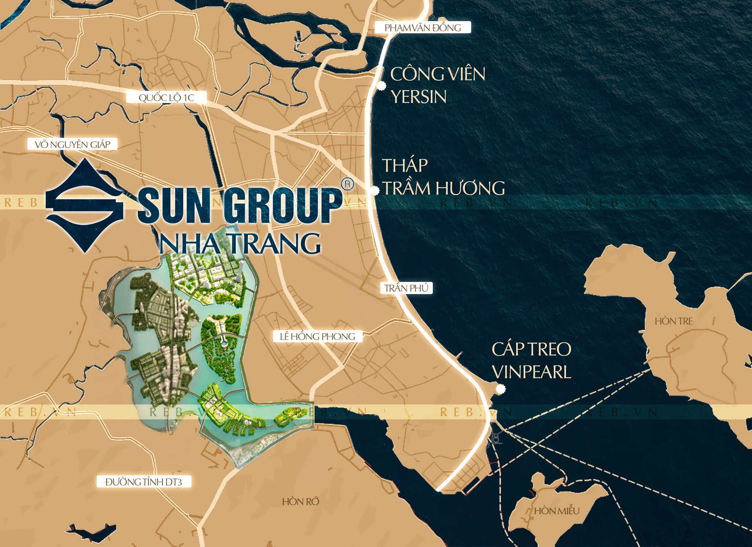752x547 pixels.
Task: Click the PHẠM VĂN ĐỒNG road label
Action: tap(423, 27)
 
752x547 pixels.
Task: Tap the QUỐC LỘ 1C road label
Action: tap(166, 97)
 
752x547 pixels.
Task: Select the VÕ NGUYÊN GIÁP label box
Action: tap(72, 144)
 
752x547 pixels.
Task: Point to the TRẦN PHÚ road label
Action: tap(406, 288)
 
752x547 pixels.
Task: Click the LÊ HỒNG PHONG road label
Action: tap(317, 336)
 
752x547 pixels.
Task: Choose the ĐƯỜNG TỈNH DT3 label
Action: tap(144, 481)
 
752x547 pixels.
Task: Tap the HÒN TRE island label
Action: tap(673, 321)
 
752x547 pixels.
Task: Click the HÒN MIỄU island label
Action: tap(556, 511)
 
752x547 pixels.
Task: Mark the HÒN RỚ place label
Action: tap(300, 501)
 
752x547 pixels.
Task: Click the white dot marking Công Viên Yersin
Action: tap(381, 86)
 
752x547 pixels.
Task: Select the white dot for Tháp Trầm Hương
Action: tap(375, 191)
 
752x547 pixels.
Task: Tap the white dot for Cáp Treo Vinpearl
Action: tap(500, 389)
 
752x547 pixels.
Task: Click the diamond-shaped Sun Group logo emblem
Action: tap(84, 205)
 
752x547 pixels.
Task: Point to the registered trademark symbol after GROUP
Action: tap(347, 184)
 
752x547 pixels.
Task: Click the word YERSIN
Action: tap(418, 97)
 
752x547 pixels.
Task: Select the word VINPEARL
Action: tap(531, 372)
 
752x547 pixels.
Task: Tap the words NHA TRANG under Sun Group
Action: tap(240, 244)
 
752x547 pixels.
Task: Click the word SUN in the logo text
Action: tap(174, 206)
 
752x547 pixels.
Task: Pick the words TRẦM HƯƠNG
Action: tap(444, 188)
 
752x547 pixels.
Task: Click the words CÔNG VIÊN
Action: tap(437, 74)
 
